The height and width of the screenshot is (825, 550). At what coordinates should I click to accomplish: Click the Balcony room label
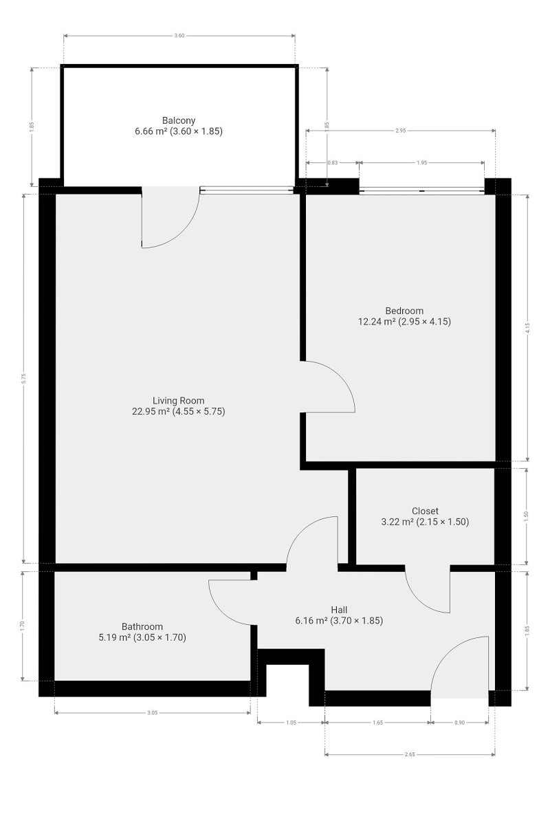179,120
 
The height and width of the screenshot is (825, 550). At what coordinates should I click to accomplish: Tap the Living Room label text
178,400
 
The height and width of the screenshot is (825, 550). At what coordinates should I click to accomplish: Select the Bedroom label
404,311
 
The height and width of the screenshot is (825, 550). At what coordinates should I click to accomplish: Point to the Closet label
425,511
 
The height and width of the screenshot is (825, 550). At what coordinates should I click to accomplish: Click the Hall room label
339,610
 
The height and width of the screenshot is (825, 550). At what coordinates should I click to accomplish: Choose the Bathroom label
142,626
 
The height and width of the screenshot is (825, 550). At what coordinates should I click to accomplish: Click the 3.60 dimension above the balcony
179,36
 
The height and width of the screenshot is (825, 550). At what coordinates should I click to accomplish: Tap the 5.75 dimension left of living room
24,379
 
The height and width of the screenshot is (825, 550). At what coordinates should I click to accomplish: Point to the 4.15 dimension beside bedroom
527,328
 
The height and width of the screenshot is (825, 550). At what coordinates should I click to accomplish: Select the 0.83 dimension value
332,162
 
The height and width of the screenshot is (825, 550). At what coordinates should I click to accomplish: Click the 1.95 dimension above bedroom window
421,162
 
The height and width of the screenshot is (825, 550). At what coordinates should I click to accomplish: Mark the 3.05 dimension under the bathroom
152,713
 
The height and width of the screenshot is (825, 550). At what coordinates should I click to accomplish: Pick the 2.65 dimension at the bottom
410,754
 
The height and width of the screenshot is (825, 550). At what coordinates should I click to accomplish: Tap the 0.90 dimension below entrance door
459,723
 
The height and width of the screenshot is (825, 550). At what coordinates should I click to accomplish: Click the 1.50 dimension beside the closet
526,516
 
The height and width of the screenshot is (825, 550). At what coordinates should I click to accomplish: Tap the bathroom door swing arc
221,610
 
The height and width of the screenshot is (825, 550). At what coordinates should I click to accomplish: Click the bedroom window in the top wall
421,190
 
